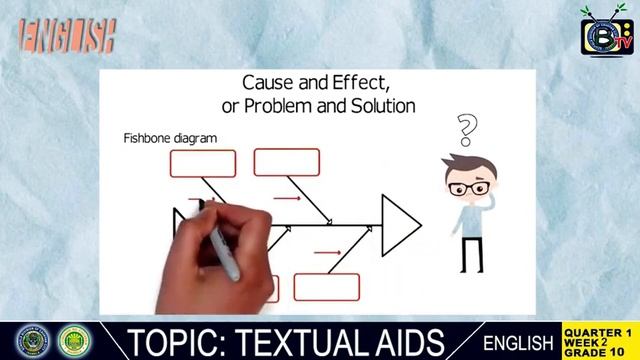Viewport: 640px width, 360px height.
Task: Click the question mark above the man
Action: pos(466,130)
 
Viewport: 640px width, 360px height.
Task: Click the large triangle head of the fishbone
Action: pos(398,224)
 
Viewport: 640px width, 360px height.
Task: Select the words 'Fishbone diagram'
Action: pos(170,137)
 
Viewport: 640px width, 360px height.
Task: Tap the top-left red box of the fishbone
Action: pos(203,163)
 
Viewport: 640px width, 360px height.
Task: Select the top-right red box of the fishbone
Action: pos(286,162)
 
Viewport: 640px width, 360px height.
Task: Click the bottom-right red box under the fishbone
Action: pos(326,287)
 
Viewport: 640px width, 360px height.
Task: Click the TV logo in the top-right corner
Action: pos(607,34)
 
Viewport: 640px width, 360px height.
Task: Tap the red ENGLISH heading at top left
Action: pos(67,37)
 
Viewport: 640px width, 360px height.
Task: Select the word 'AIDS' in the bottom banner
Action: pos(410,341)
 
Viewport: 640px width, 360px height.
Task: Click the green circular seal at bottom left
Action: pos(74,341)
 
